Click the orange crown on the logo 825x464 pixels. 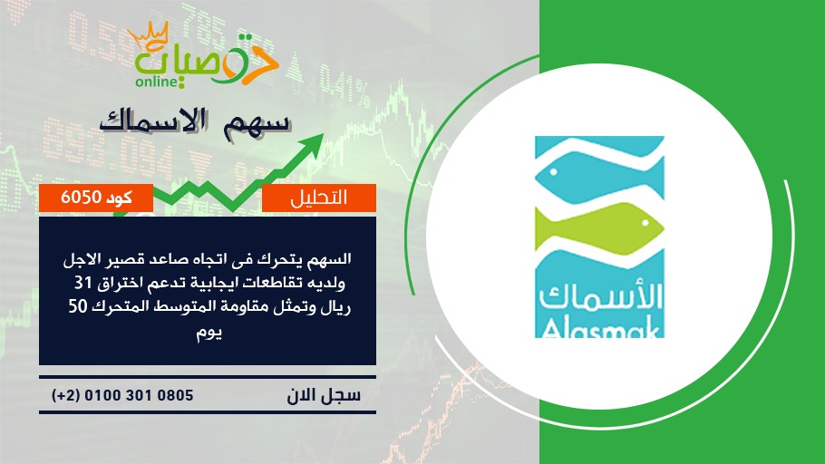pyautogui.click(x=148, y=35)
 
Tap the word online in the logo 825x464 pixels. pyautogui.click(x=157, y=82)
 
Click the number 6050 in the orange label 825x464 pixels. pyautogui.click(x=81, y=198)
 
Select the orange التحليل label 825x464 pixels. pyautogui.click(x=319, y=198)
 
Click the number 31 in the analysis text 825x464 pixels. pyautogui.click(x=82, y=284)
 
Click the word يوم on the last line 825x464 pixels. pyautogui.click(x=209, y=333)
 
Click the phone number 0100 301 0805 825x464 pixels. pyautogui.click(x=139, y=395)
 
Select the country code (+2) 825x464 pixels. pyautogui.click(x=66, y=395)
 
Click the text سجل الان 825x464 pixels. pyautogui.click(x=324, y=395)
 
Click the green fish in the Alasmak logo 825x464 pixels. pyautogui.click(x=599, y=227)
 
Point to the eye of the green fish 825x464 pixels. pyautogui.click(x=645, y=224)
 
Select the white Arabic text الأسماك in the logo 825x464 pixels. pyautogui.click(x=600, y=296)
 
